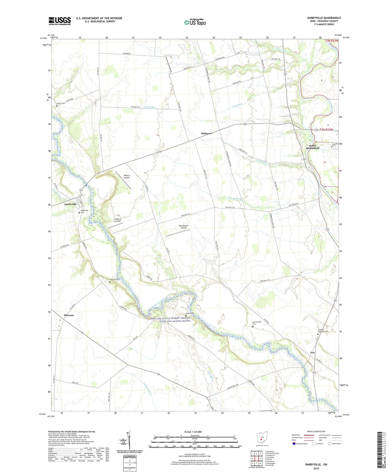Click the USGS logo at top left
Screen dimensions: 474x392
tap(60, 21)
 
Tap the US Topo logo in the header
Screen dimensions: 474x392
tap(195, 22)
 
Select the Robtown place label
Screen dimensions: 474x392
tap(206, 133)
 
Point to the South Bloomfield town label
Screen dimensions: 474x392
tap(313, 147)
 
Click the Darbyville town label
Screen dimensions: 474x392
tap(70, 204)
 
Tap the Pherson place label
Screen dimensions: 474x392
tap(69, 315)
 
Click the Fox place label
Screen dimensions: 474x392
tap(313, 353)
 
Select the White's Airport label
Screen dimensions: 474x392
tap(126, 176)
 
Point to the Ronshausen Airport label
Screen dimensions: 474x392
tap(184, 226)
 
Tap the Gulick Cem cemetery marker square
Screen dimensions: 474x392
tap(57, 106)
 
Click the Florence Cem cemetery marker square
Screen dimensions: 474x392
tap(110, 282)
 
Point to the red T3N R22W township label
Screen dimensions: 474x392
tap(332, 41)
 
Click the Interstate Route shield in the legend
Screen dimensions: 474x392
tap(294, 444)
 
